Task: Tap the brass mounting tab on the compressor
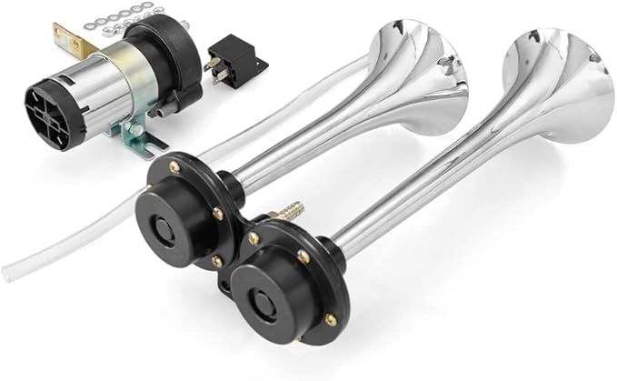(65, 38)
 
